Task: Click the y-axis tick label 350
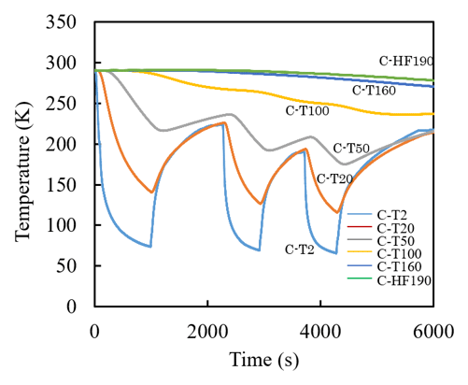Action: [61, 22]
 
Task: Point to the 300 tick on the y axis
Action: [61, 64]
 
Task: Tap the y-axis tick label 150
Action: [61, 185]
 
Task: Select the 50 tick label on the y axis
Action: [66, 266]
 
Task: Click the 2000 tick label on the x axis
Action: [207, 332]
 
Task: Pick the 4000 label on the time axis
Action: [320, 332]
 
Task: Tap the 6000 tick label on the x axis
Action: [433, 332]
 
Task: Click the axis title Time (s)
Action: [264, 360]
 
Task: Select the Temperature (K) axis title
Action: [23, 171]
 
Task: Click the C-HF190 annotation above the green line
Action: [406, 61]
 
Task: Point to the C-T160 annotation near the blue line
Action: [374, 91]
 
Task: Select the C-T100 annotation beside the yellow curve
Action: [307, 111]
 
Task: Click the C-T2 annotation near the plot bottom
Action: [300, 250]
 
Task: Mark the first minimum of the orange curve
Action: [151, 192]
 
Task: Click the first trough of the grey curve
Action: [162, 131]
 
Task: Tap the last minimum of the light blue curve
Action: [336, 253]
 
